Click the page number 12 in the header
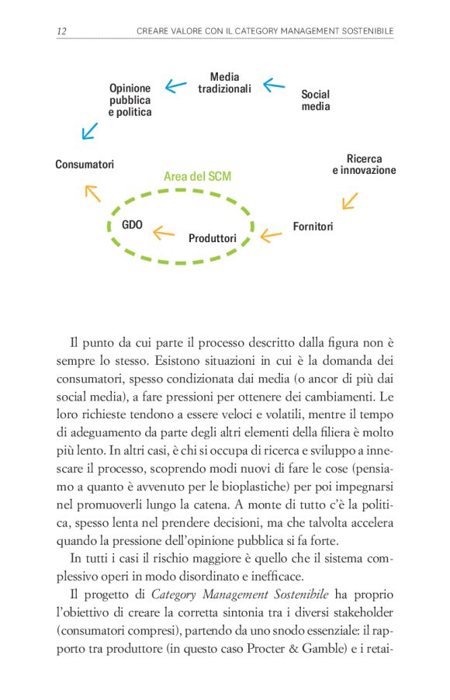(61, 30)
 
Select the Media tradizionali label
(224, 83)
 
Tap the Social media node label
(315, 100)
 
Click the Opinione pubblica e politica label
(130, 100)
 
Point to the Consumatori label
(85, 165)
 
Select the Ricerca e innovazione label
(364, 165)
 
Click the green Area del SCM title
(197, 177)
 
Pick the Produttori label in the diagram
(212, 238)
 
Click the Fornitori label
(313, 227)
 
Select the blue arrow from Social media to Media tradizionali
(273, 85)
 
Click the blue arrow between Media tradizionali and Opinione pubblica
(176, 86)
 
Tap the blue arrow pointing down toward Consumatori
(90, 130)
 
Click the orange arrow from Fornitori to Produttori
(270, 234)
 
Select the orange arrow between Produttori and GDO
(163, 231)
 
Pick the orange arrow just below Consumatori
(92, 193)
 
